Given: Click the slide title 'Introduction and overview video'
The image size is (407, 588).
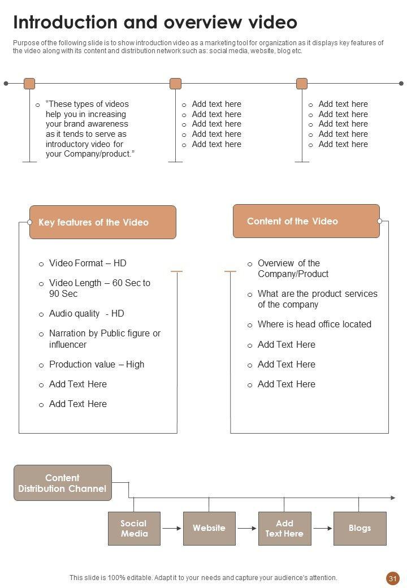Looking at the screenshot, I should [155, 23].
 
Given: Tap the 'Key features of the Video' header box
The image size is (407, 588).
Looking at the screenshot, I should [102, 222].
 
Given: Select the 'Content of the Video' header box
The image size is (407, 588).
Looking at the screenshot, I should [306, 221].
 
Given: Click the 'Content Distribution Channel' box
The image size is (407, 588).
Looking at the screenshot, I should [62, 483].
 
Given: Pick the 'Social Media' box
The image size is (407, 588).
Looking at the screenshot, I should [134, 528].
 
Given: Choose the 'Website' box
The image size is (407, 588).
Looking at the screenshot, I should [209, 528].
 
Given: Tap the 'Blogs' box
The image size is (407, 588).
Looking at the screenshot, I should [360, 528].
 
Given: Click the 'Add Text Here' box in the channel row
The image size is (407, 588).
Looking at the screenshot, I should [284, 528].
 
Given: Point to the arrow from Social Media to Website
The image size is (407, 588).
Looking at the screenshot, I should [172, 528].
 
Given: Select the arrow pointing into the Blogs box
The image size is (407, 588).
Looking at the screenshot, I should [322, 528].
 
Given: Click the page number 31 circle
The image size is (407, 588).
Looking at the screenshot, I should [393, 578].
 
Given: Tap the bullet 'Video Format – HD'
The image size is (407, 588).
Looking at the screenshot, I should [88, 263].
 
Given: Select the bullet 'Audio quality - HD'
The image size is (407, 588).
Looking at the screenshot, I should [86, 313].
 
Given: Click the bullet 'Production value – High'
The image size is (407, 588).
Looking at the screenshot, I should [97, 364].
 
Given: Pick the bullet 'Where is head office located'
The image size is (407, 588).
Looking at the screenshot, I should [314, 324].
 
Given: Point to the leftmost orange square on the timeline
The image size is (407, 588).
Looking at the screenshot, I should [29, 84].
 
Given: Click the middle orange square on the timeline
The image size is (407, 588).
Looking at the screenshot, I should [175, 84].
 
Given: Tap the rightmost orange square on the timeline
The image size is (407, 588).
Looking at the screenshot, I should [302, 84].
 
